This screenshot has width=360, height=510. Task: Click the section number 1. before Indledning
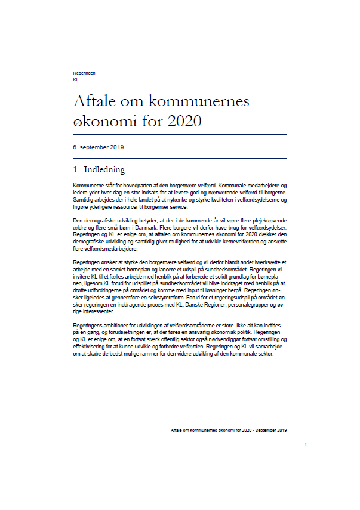coord(76,170)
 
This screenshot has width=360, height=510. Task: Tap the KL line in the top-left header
coord(75,79)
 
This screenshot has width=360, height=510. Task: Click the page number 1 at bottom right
coord(305,445)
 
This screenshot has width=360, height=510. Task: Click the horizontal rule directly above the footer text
coord(179,424)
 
